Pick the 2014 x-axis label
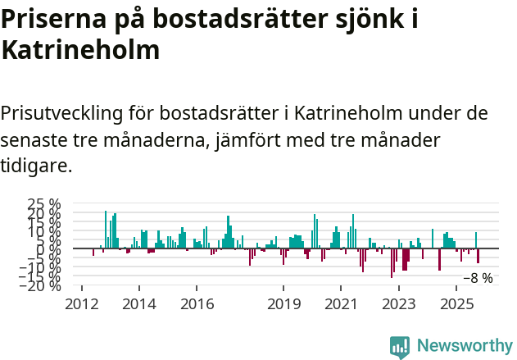pos(138,304)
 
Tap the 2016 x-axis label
pos(196,304)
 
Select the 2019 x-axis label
pos(283,304)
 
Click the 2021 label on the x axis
pos(341,304)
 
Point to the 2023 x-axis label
pos(398,304)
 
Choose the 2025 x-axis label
pos(456,304)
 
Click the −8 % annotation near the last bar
pos(478,278)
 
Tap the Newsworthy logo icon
pos(400,347)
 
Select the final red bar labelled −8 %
pos(478,256)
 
